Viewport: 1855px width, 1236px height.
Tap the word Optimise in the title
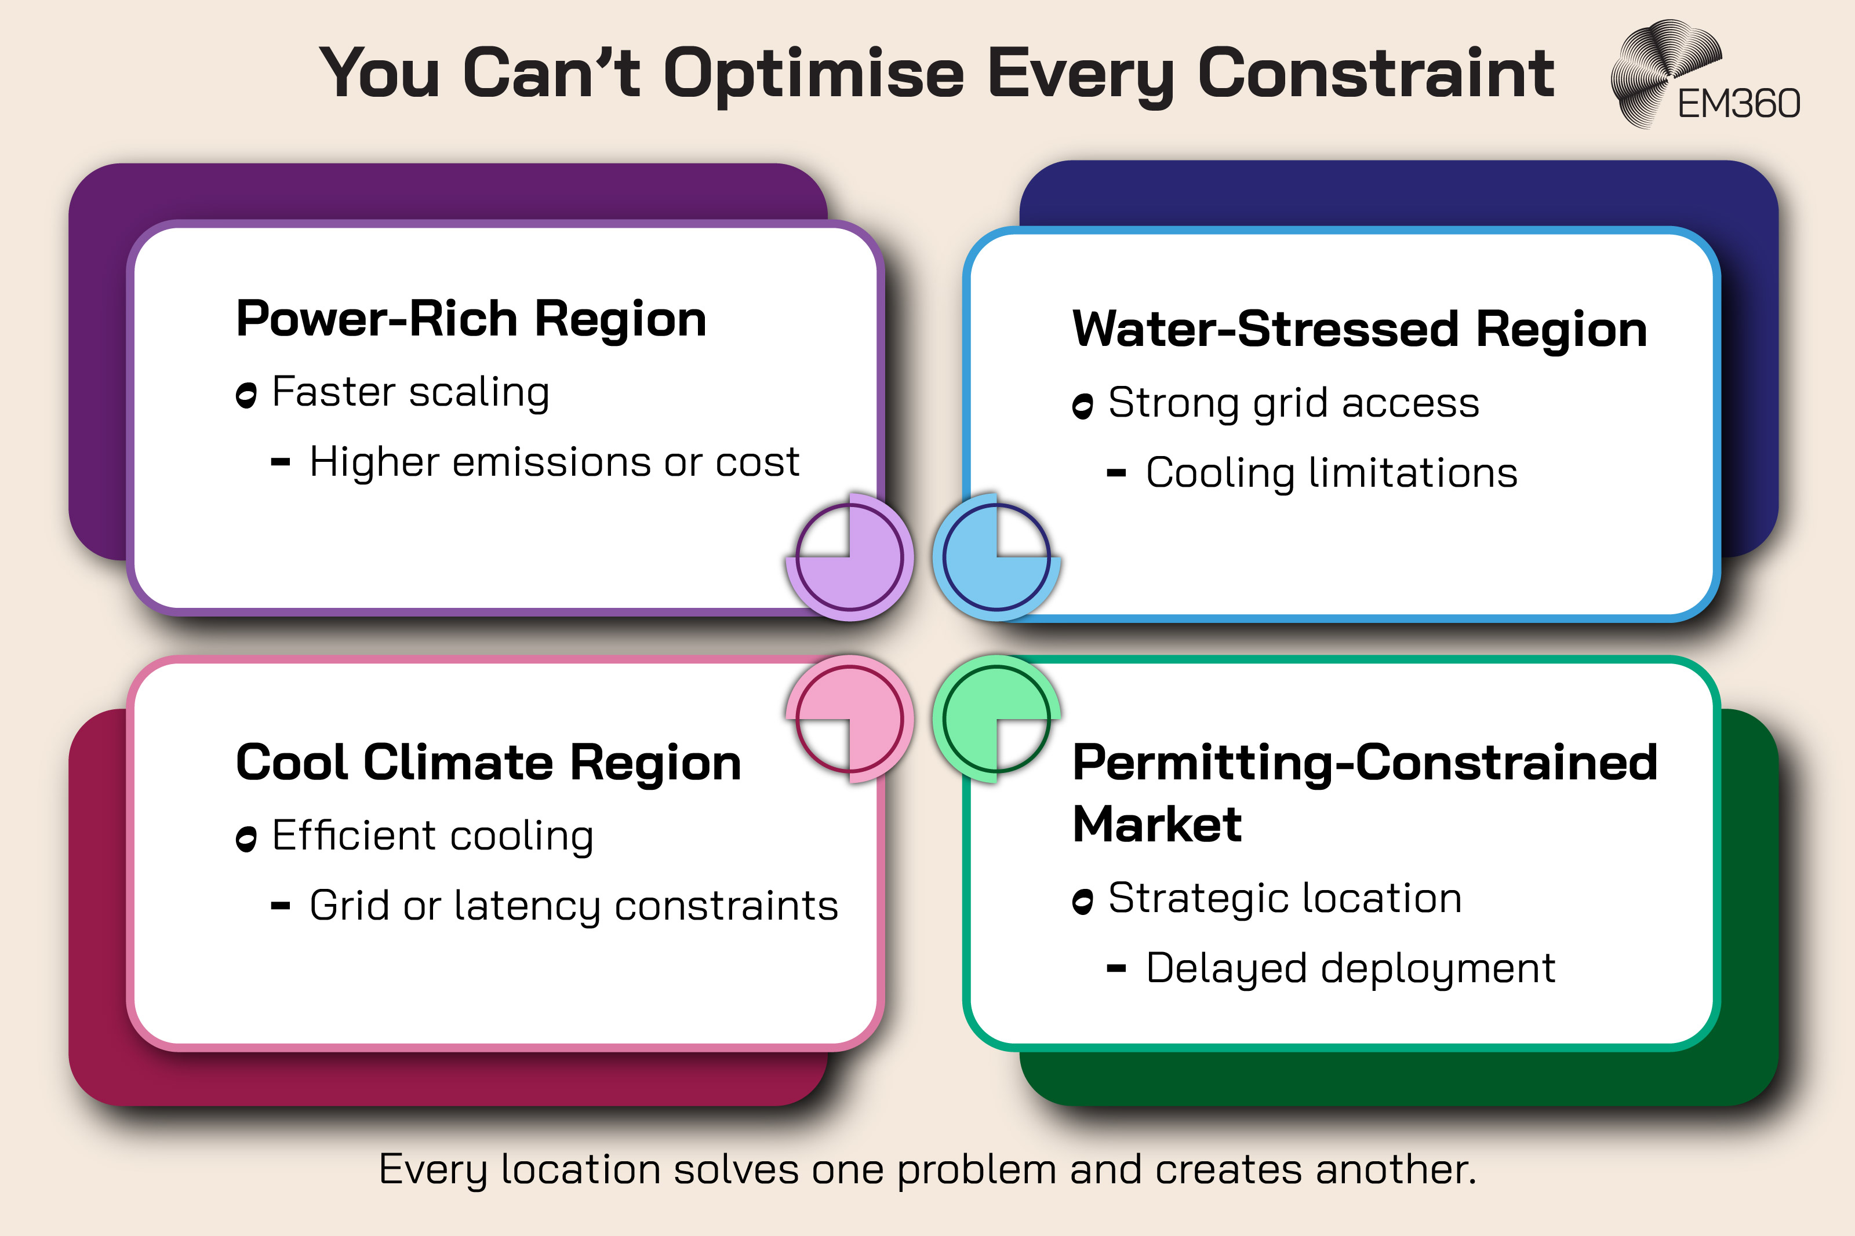pos(813,74)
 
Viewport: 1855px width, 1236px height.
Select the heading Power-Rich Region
pos(471,319)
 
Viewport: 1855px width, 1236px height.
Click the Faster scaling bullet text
pos(410,392)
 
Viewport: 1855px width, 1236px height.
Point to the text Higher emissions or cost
pos(554,462)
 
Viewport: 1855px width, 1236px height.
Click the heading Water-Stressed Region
pos(1359,330)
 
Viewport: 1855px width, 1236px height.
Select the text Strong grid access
pos(1293,403)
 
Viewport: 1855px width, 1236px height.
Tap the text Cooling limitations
pos(1331,473)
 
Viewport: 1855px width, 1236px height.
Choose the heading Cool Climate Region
pos(488,763)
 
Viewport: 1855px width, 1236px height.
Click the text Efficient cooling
pos(432,836)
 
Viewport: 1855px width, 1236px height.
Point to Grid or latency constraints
pos(573,906)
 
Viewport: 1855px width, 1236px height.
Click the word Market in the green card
pos(1156,825)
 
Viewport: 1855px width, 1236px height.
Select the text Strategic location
pos(1284,899)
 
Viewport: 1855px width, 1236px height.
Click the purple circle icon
pos(850,557)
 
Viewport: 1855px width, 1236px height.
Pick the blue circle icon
pos(996,557)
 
